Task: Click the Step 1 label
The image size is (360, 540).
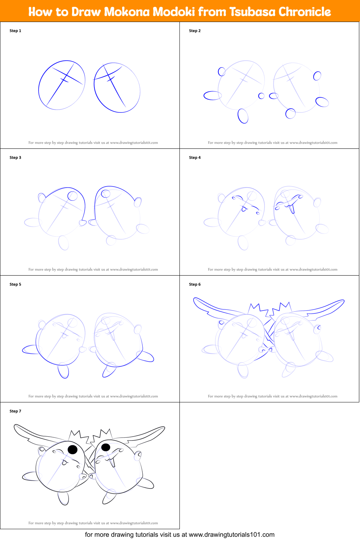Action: pyautogui.click(x=15, y=31)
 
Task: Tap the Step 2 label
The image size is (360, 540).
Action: pyautogui.click(x=195, y=31)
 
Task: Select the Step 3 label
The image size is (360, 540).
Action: pyautogui.click(x=15, y=158)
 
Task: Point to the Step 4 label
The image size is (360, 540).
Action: pyautogui.click(x=195, y=158)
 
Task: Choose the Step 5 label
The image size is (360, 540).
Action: pyautogui.click(x=15, y=285)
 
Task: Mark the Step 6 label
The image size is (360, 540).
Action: pyautogui.click(x=195, y=285)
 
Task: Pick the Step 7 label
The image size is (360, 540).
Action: pyautogui.click(x=15, y=411)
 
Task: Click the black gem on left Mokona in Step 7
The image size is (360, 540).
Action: pyautogui.click(x=73, y=449)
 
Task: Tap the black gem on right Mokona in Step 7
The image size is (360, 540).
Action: pyautogui.click(x=106, y=447)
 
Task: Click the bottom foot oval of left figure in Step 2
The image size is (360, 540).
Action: pyautogui.click(x=243, y=116)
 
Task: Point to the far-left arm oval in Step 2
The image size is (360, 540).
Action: pyautogui.click(x=213, y=95)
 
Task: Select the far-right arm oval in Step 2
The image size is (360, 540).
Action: pyautogui.click(x=322, y=102)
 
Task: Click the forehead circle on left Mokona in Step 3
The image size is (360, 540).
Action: pyautogui.click(x=72, y=196)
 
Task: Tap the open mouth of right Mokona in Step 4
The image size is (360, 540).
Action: pyautogui.click(x=292, y=209)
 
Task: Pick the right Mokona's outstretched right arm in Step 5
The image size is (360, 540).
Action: pyautogui.click(x=146, y=356)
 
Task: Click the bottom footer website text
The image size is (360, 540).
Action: pyautogui.click(x=179, y=535)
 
